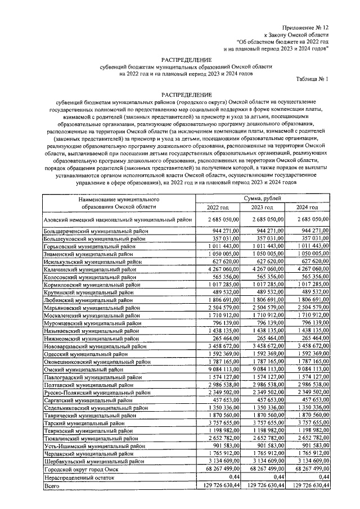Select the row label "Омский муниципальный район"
coord(84,370)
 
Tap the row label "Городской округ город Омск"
coord(82,469)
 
